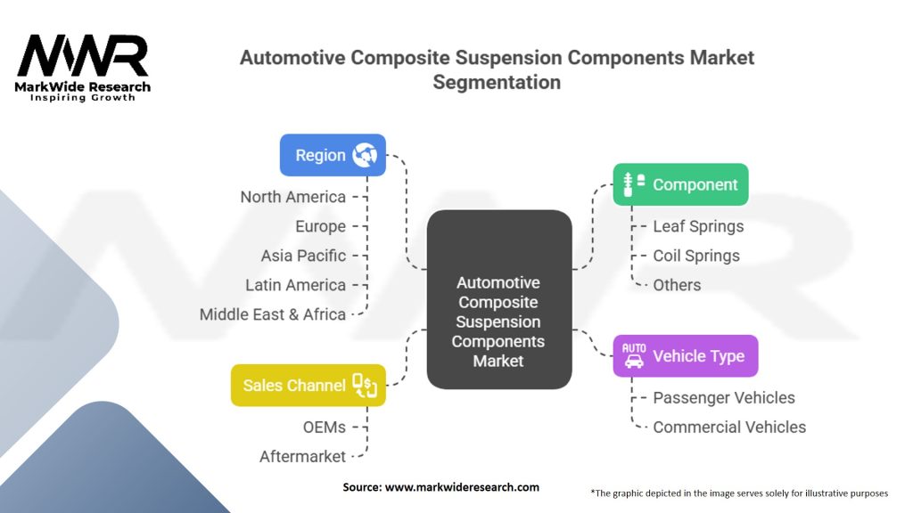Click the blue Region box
[x=333, y=155]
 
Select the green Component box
[x=680, y=184]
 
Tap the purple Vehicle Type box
[x=685, y=356]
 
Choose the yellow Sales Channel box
[x=308, y=386]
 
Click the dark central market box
[x=498, y=300]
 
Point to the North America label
[x=292, y=197]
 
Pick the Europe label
[x=320, y=226]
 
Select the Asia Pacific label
[x=303, y=256]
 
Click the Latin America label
[x=295, y=285]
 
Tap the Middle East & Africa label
[x=272, y=314]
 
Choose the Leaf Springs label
[x=698, y=226]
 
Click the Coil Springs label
[x=696, y=256]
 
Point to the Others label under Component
[x=677, y=285]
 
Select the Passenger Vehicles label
[x=723, y=397]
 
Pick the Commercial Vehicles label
[x=729, y=427]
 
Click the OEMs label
[x=324, y=427]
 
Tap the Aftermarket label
[x=302, y=456]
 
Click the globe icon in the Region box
[x=365, y=155]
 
